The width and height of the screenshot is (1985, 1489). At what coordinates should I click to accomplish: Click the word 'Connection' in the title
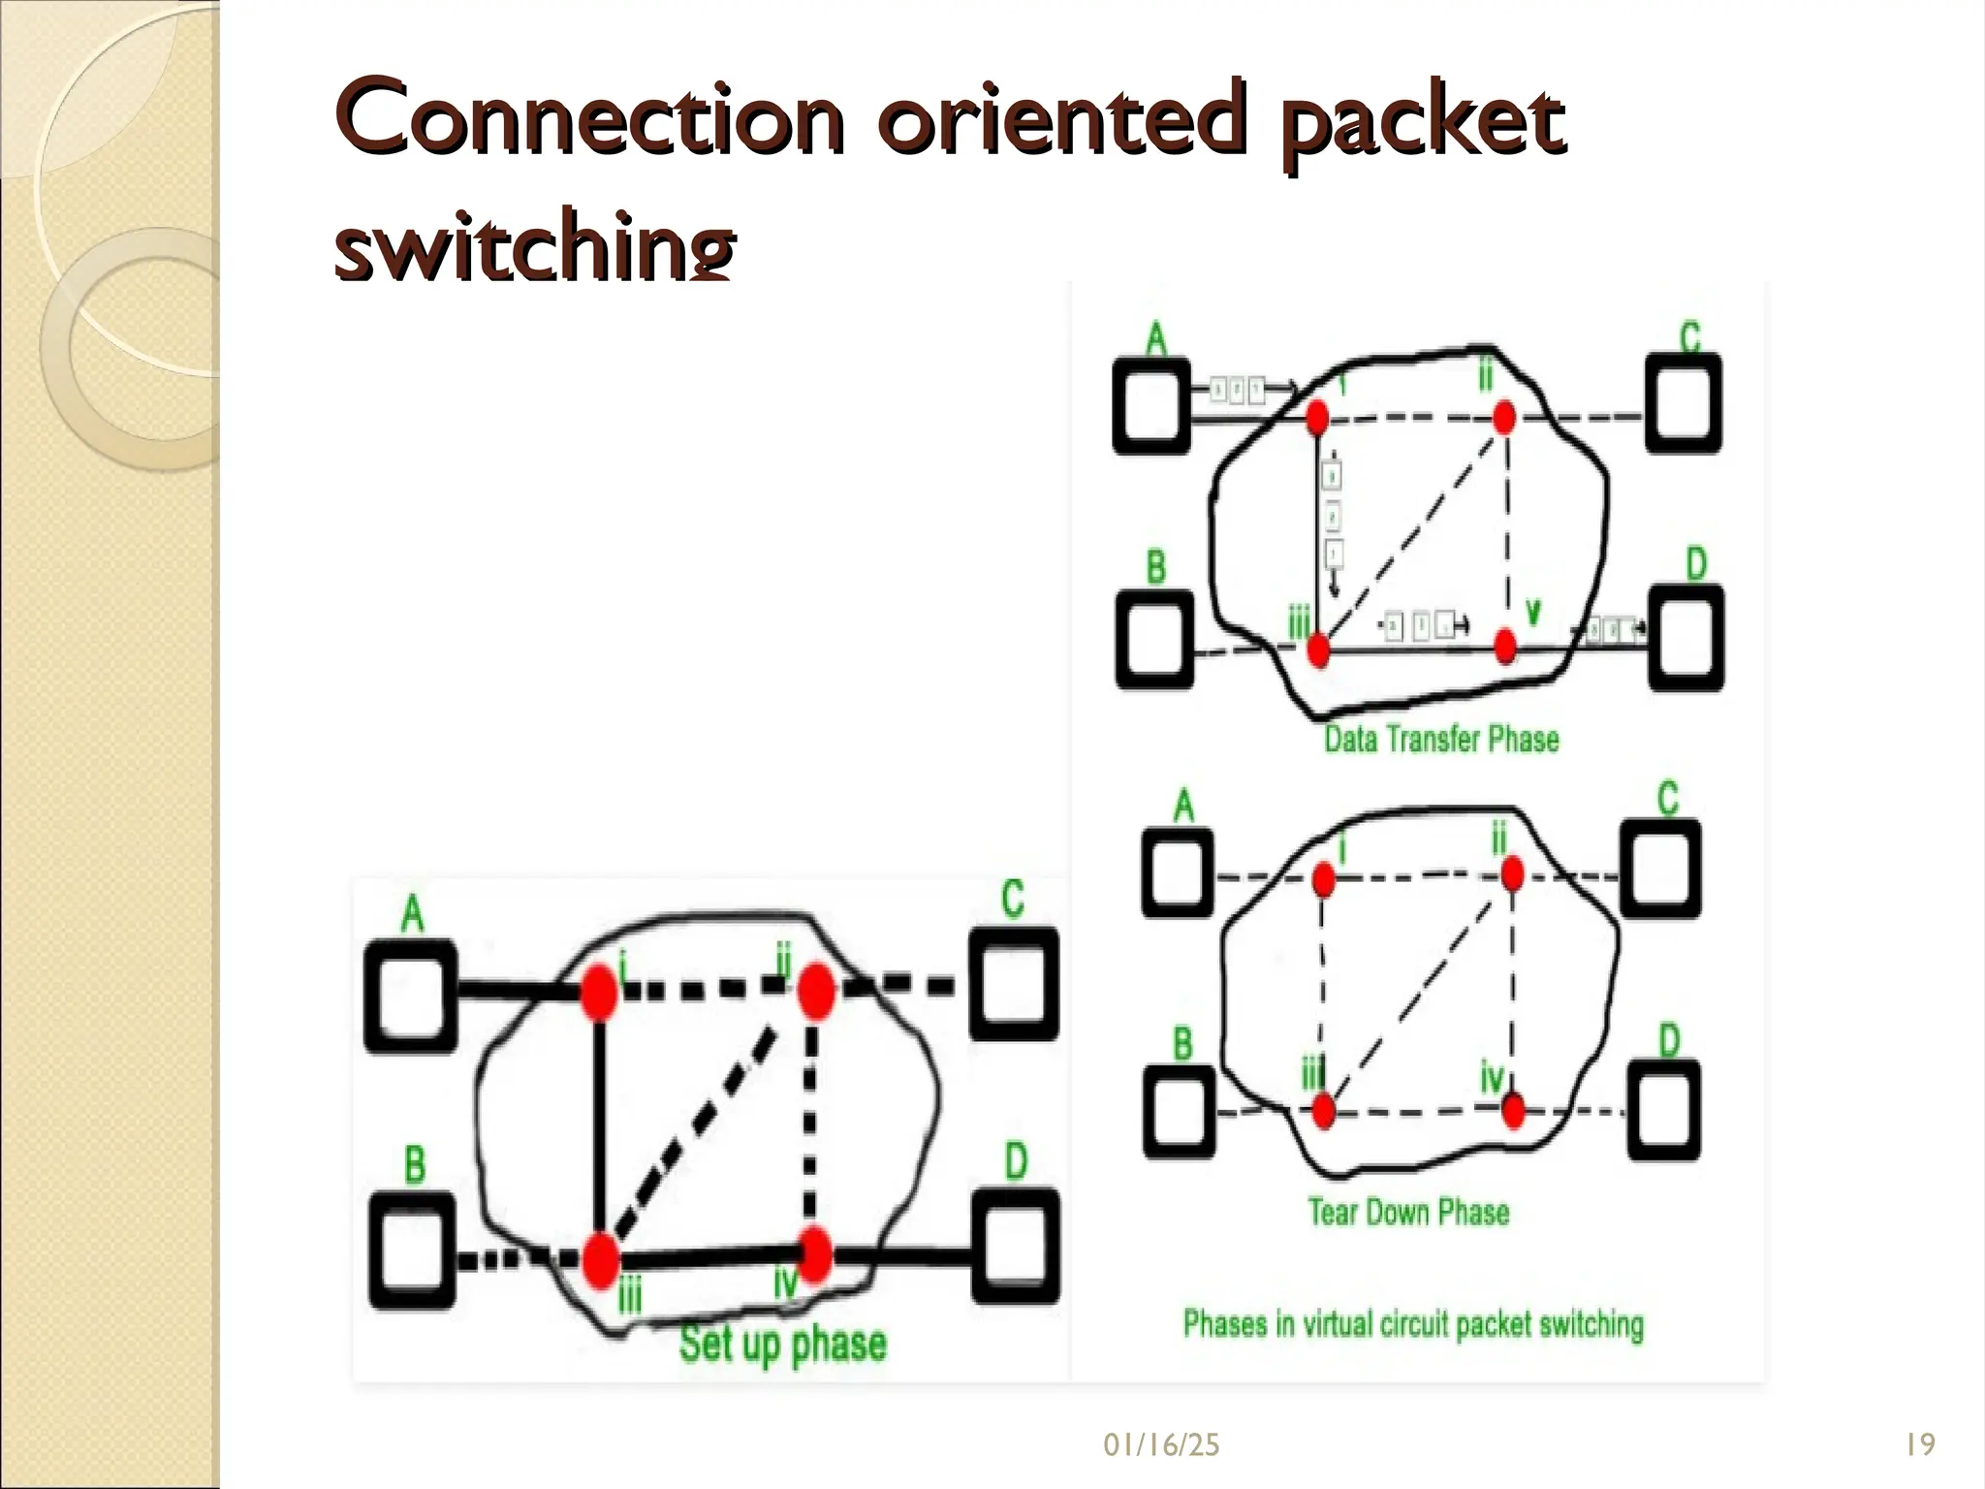pyautogui.click(x=589, y=121)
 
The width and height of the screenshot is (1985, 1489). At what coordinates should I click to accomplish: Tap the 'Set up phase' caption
pyautogui.click(x=783, y=1344)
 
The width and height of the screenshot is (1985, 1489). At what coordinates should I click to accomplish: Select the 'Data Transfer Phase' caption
pyautogui.click(x=1441, y=740)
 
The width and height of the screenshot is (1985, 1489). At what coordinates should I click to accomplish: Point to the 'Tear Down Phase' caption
pyautogui.click(x=1408, y=1212)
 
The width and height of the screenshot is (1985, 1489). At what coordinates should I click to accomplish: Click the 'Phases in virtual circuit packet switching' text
pyautogui.click(x=1413, y=1324)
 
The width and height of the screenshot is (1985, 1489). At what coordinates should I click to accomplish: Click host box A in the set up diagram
pyautogui.click(x=411, y=997)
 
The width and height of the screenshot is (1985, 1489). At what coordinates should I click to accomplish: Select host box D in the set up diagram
pyautogui.click(x=1015, y=1247)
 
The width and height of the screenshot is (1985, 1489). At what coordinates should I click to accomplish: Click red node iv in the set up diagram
pyautogui.click(x=815, y=1254)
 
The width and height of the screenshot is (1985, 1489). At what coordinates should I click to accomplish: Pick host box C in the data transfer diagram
pyautogui.click(x=1684, y=403)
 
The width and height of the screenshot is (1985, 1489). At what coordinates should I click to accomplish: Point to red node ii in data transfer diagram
pyautogui.click(x=1503, y=419)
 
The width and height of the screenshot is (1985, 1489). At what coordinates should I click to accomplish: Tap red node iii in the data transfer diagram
pyautogui.click(x=1318, y=650)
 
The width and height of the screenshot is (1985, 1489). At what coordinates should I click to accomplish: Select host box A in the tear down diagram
pyautogui.click(x=1178, y=869)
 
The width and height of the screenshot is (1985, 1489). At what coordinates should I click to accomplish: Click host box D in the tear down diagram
pyautogui.click(x=1664, y=1110)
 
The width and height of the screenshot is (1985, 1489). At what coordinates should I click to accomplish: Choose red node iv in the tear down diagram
pyautogui.click(x=1512, y=1111)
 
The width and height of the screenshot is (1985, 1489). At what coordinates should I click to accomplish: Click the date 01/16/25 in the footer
pyautogui.click(x=1161, y=1445)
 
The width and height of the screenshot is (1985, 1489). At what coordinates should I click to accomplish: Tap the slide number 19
pyautogui.click(x=1919, y=1445)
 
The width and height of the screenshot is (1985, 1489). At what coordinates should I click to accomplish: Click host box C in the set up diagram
pyautogui.click(x=1014, y=985)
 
